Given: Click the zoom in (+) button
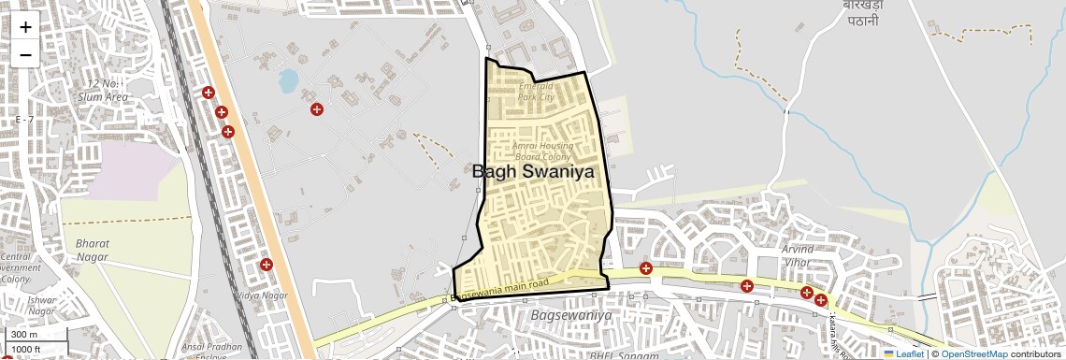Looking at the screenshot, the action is coord(25,27).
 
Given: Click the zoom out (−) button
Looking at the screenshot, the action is coord(25,54).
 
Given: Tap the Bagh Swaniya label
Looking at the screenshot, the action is coord(533,172).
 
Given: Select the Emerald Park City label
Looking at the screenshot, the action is coord(537,92).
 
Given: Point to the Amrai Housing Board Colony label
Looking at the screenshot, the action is coord(542,151).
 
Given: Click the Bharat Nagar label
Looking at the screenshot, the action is coord(92,249).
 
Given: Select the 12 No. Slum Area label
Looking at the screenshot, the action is coord(103,91).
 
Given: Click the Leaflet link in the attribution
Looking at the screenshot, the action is coord(903,354).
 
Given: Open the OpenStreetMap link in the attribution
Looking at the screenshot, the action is coord(974,354).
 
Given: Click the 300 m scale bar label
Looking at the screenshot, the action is coord(23,335).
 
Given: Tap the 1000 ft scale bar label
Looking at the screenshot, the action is coord(28,350).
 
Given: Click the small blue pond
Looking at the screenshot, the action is coord(288,80).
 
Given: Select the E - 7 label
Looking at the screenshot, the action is coord(24,120).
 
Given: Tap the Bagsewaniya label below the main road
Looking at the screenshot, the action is coord(570,316).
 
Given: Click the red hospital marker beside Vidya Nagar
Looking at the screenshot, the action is coord(266,265).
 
